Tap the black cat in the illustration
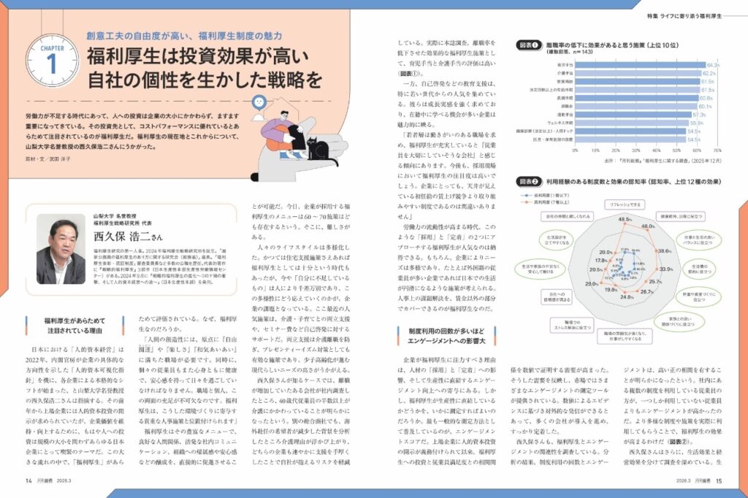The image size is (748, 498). point(317,149)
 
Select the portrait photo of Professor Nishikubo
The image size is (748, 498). point(61,248)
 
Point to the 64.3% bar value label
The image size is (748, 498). point(713,65)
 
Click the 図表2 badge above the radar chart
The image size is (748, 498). point(530,180)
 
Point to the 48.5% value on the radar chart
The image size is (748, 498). point(625,219)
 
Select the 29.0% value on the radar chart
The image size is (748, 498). point(590,284)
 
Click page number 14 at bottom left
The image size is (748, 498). point(28,480)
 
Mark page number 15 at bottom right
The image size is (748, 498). point(719,480)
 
